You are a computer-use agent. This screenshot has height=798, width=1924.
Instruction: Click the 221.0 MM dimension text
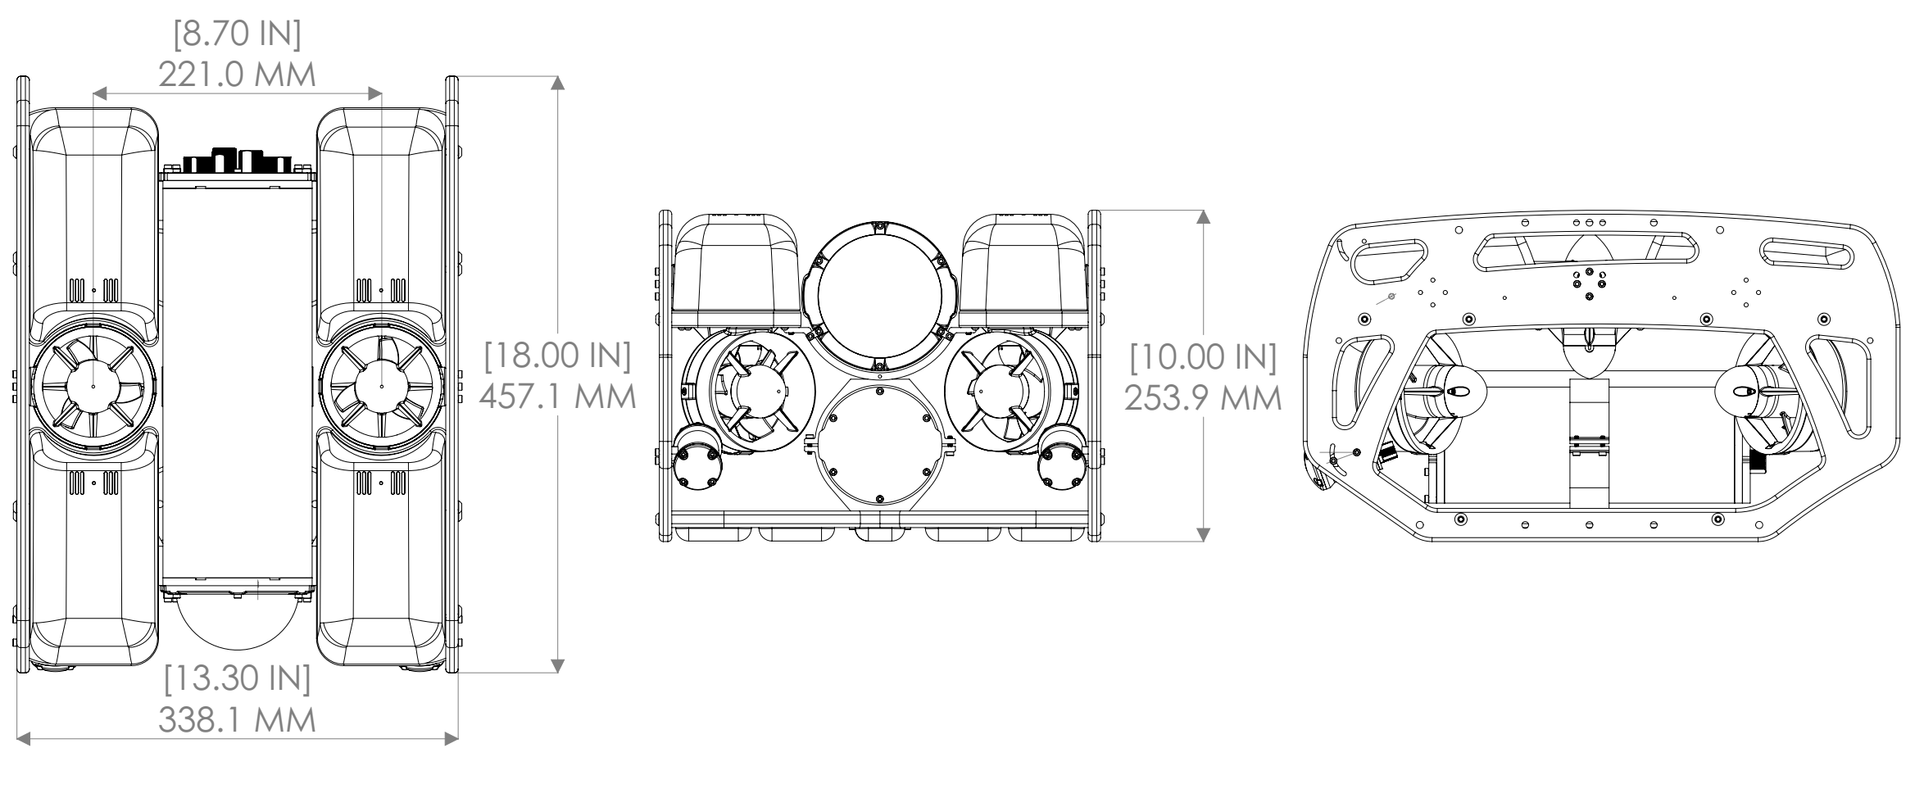(237, 75)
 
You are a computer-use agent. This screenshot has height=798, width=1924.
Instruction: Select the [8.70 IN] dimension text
(237, 35)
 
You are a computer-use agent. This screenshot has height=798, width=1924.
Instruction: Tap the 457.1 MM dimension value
(557, 397)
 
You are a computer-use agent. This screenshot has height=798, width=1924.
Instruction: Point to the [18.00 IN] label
(557, 356)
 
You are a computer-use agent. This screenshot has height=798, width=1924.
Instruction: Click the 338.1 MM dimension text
(237, 720)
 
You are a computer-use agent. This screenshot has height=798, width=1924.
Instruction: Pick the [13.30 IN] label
(237, 679)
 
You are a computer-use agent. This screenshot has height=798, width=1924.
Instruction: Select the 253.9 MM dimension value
(1203, 398)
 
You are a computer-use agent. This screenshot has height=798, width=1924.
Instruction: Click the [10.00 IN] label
(1203, 357)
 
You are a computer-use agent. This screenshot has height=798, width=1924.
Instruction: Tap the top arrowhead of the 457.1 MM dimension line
(558, 83)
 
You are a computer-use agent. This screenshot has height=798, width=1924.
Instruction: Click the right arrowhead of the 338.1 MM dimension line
(452, 739)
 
